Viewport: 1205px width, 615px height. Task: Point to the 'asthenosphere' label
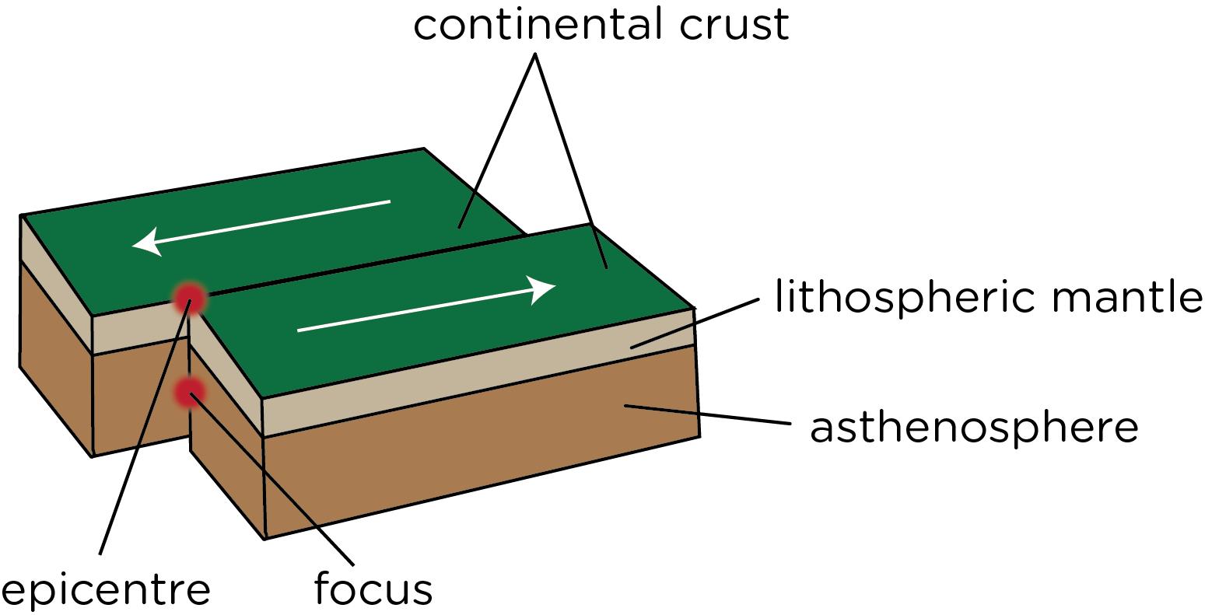click(x=974, y=427)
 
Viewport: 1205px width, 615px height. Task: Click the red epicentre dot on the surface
click(x=190, y=298)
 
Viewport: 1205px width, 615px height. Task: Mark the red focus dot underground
click(x=188, y=393)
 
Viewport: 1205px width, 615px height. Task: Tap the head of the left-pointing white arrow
click(x=146, y=244)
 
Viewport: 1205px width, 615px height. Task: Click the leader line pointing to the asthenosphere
click(x=708, y=414)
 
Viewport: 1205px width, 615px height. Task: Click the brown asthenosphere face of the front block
click(x=467, y=459)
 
